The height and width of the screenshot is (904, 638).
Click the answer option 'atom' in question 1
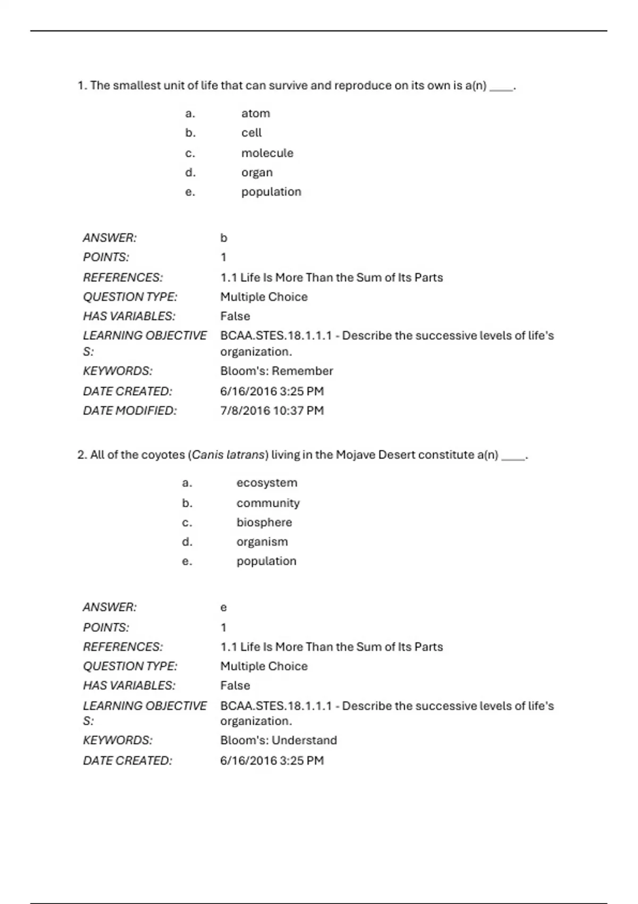(256, 113)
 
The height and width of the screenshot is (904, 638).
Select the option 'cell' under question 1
(251, 133)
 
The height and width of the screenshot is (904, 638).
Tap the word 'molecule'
(267, 153)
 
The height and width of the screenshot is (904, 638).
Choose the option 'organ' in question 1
(257, 173)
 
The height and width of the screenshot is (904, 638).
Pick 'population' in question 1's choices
(271, 192)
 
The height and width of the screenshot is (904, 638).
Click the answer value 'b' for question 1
(224, 238)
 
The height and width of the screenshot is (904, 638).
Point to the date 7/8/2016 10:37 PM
(272, 411)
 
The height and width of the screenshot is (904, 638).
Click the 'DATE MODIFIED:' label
(130, 411)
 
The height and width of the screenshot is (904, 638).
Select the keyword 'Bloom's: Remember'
(276, 371)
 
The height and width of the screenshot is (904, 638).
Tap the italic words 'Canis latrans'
(228, 455)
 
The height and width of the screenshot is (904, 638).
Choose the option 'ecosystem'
(267, 483)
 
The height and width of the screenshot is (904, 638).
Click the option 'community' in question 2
(268, 503)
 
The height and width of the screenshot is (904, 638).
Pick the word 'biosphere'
(264, 523)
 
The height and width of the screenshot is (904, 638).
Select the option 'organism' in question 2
(262, 542)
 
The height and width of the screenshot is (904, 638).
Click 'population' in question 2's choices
(266, 561)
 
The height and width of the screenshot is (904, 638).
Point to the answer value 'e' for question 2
(224, 607)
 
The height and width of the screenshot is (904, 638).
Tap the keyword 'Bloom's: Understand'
(279, 740)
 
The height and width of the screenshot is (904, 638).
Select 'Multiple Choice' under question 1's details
(264, 297)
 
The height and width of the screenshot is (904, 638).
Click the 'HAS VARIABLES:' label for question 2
(129, 685)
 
